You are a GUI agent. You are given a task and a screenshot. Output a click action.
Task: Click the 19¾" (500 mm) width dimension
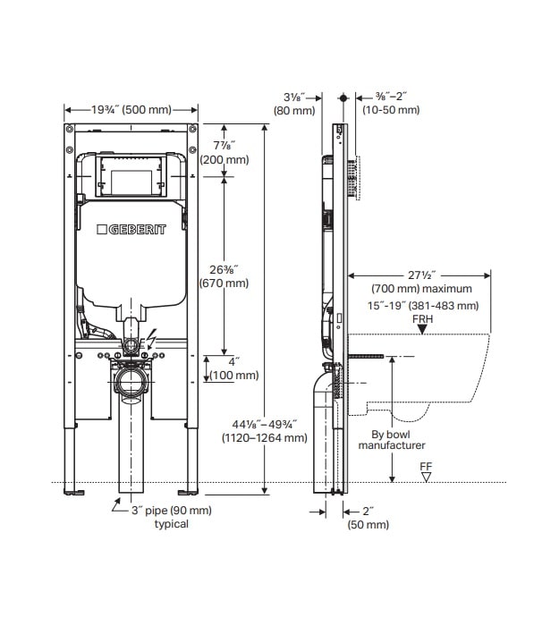[x=131, y=110]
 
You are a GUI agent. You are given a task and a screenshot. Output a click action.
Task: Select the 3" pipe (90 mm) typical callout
[x=171, y=517]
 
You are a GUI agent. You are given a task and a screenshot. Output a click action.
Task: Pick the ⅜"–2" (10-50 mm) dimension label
[x=391, y=103]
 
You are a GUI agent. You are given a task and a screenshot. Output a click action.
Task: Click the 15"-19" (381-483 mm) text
[x=425, y=306]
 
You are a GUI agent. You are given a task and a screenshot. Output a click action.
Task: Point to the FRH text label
[x=423, y=317]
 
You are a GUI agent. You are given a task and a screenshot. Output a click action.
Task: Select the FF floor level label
[x=426, y=465]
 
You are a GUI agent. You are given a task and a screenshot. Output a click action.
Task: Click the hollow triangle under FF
[x=426, y=477]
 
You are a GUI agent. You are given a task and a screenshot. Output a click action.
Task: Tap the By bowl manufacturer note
[x=392, y=439]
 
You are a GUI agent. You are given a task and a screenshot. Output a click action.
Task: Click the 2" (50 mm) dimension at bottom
[x=368, y=518]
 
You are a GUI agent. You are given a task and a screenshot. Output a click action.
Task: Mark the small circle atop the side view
[x=343, y=97]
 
